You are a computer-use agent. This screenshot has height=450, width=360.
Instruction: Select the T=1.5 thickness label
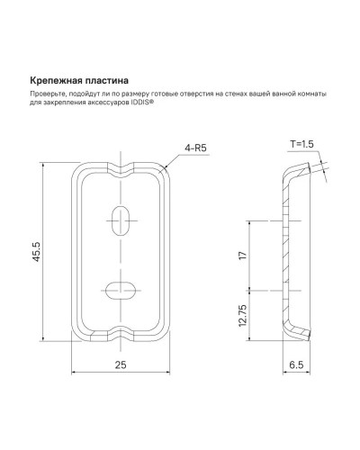point(303,144)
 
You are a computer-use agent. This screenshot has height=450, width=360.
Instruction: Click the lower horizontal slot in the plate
point(121,289)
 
